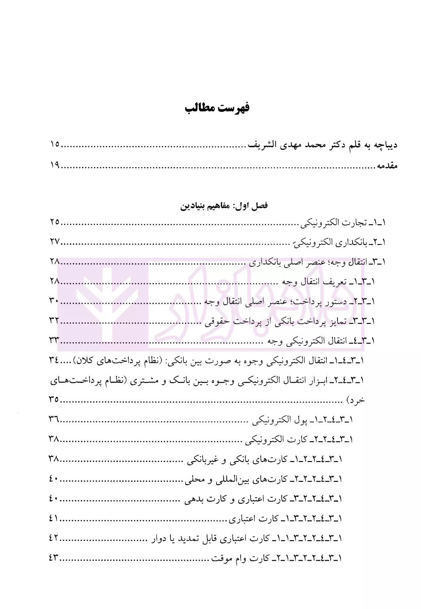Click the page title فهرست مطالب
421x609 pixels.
click(217, 107)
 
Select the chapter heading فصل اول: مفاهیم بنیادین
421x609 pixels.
click(224, 206)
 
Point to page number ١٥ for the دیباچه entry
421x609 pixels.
click(55, 145)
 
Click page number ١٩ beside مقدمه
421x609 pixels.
click(55, 165)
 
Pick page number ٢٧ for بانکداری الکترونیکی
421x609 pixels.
click(55, 242)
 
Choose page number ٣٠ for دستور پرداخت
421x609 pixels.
click(54, 301)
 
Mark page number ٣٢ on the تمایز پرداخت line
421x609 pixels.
click(54, 321)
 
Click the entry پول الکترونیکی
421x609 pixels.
click(280, 420)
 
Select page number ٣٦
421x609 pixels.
click(54, 420)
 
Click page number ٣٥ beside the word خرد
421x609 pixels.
click(54, 400)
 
